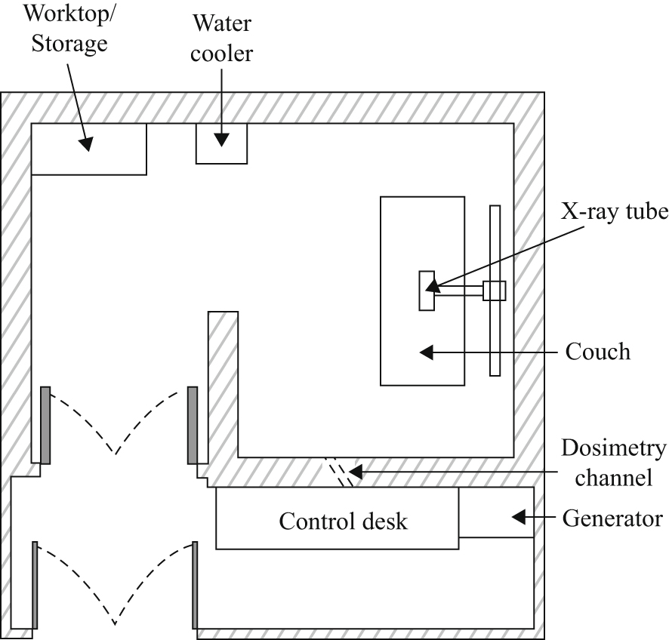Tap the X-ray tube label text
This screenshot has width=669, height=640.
point(614,213)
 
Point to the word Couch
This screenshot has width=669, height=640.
point(597,352)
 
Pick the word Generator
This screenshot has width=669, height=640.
point(612,518)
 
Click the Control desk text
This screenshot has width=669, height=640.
point(343,521)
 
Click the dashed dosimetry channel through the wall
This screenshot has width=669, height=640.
point(339,472)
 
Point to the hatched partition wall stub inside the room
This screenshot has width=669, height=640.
point(224,377)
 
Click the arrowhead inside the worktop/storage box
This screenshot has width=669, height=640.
point(88,143)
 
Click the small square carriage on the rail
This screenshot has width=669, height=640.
point(495,291)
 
